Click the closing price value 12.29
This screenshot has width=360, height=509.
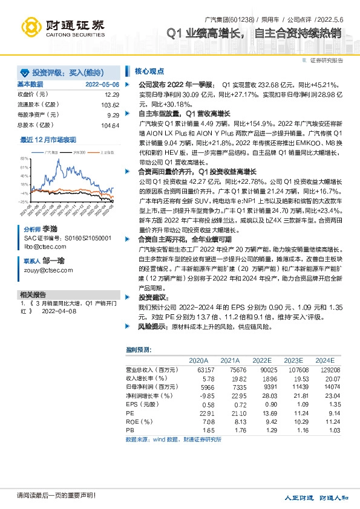[112, 95]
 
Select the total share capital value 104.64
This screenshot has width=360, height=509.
[110, 125]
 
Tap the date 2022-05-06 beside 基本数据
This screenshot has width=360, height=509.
[102, 85]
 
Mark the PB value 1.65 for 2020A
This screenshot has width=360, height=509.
[207, 429]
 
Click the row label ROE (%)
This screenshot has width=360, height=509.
[139, 421]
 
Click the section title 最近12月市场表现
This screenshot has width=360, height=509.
[48, 139]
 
